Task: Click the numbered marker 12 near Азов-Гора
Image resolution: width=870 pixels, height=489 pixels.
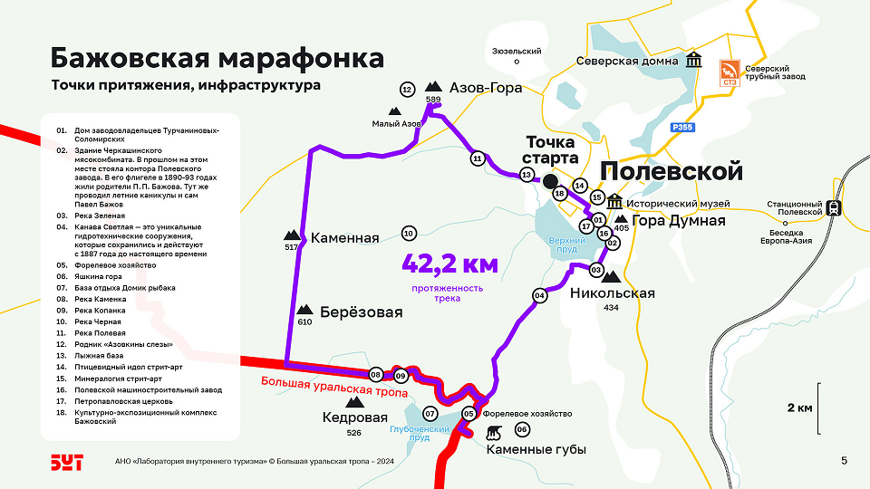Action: (x=407, y=89)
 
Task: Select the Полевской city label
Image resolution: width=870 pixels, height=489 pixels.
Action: (x=672, y=171)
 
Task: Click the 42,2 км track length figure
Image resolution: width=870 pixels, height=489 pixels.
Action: (x=450, y=264)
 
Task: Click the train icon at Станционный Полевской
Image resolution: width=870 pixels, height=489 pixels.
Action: (x=831, y=206)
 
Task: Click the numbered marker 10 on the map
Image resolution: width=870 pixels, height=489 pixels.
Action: (x=409, y=234)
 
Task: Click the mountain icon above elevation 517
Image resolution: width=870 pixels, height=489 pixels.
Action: (x=292, y=234)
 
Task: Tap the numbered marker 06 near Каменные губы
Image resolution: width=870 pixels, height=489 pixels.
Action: (x=522, y=429)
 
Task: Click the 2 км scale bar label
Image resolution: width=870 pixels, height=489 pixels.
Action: (x=799, y=407)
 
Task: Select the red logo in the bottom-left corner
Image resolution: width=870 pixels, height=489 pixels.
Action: (x=66, y=462)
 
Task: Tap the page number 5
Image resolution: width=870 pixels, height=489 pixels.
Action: (x=844, y=461)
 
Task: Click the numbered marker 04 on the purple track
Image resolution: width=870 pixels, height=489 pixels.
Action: (x=540, y=295)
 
